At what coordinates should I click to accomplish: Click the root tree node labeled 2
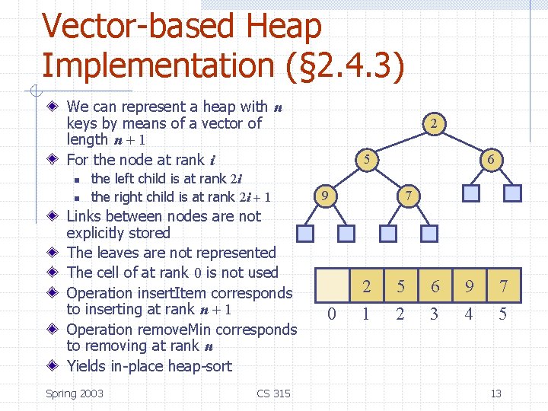click(x=432, y=123)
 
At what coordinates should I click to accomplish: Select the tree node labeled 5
click(x=367, y=160)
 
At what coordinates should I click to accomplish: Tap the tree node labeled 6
click(x=492, y=160)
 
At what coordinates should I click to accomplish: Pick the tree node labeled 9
click(x=325, y=196)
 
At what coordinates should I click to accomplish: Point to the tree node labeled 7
click(x=409, y=196)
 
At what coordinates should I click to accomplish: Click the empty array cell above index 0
click(x=330, y=286)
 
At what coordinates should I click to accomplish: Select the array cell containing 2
click(x=366, y=286)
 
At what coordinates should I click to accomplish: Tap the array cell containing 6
click(x=435, y=286)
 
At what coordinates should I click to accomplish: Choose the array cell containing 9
click(x=469, y=286)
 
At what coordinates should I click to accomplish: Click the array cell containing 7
click(x=503, y=286)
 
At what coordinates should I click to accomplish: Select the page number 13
click(x=495, y=393)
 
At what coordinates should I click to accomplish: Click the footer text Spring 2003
click(x=75, y=393)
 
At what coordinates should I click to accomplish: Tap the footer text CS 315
click(x=273, y=393)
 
